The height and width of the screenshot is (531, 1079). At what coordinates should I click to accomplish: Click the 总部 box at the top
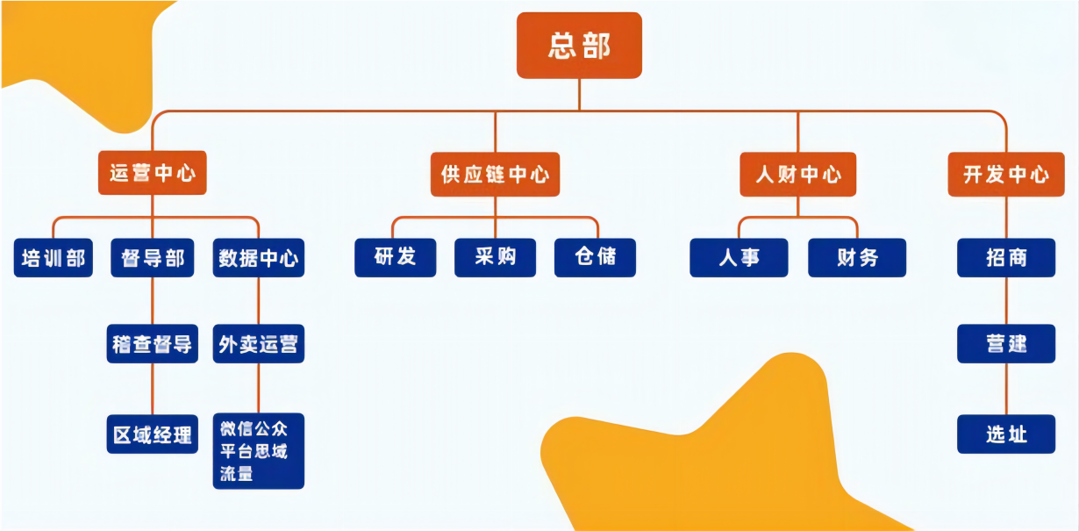point(579,46)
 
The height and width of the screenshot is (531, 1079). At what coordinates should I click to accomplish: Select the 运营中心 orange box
point(153,173)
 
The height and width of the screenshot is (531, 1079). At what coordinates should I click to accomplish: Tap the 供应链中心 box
point(496,174)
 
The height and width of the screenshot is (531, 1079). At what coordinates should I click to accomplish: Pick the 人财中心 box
point(797,174)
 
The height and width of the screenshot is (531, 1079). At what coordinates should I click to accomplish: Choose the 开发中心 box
point(1005,174)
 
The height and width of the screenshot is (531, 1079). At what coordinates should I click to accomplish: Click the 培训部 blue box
point(54,258)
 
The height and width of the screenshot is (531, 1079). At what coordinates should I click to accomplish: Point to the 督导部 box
point(153,258)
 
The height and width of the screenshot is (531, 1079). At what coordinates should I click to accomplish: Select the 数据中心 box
point(258,258)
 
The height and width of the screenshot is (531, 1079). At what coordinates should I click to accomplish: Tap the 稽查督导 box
point(153,343)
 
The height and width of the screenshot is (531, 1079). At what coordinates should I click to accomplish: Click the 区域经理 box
point(153,434)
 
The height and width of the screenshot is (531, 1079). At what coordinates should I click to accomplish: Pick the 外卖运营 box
point(258,343)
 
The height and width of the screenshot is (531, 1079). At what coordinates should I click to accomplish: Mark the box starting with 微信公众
point(258,451)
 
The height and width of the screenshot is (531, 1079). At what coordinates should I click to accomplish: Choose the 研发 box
point(395,257)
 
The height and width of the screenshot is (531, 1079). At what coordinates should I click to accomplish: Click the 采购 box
point(495,257)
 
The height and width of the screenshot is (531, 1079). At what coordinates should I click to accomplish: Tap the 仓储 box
point(595,257)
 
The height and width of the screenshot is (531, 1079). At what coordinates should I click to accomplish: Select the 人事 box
point(739,257)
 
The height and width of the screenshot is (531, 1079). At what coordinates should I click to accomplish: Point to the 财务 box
point(856,257)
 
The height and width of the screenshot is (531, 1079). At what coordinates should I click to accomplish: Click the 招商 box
point(1005,257)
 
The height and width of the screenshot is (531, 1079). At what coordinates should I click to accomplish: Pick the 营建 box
point(1005,343)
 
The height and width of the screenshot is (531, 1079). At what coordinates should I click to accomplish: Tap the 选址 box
point(1005,434)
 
